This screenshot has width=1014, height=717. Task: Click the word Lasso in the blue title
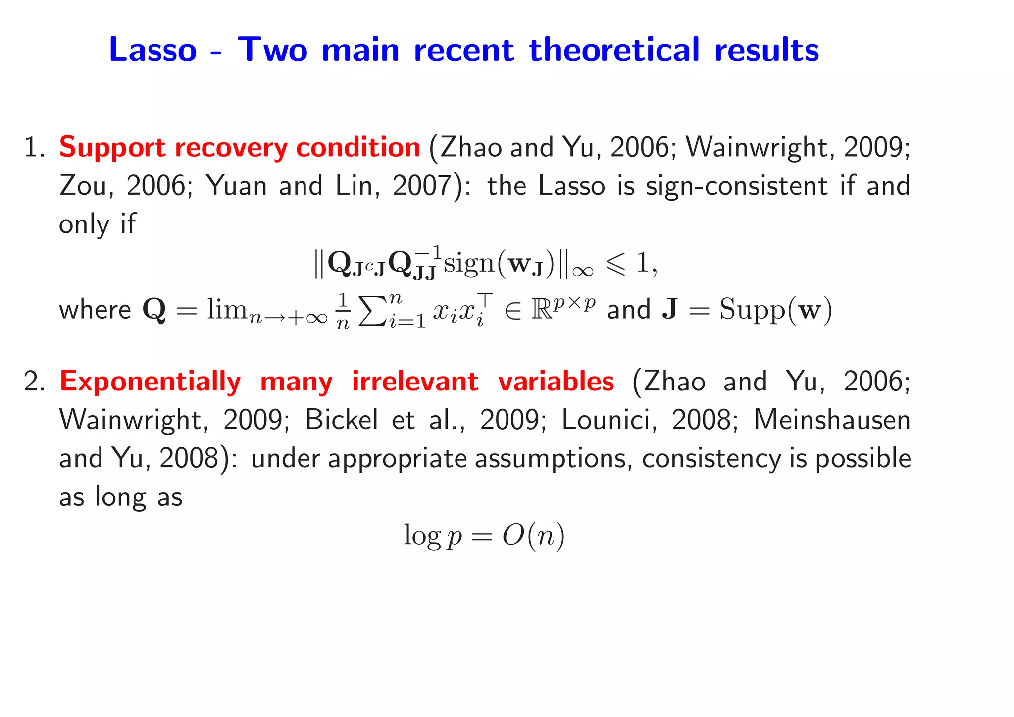coord(152,50)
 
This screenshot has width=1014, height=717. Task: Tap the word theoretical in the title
coord(614,50)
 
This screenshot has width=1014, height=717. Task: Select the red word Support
coord(112,148)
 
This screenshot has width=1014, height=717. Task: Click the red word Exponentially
coord(150,382)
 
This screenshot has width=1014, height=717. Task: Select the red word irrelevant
coord(415,382)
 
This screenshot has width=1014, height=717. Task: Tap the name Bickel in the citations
coord(341,420)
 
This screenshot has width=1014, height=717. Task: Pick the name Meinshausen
coord(832,420)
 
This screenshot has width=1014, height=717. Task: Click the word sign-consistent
coord(737,186)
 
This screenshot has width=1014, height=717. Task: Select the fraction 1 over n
coord(343,311)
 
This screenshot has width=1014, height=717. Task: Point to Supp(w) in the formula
coord(775,310)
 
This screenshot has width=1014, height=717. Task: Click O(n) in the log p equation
coord(533,536)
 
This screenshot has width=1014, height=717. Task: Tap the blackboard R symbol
coord(541,310)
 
